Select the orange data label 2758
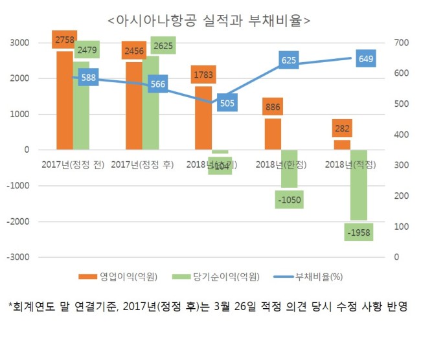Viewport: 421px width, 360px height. [x=64, y=40]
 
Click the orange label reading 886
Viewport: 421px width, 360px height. [x=272, y=107]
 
